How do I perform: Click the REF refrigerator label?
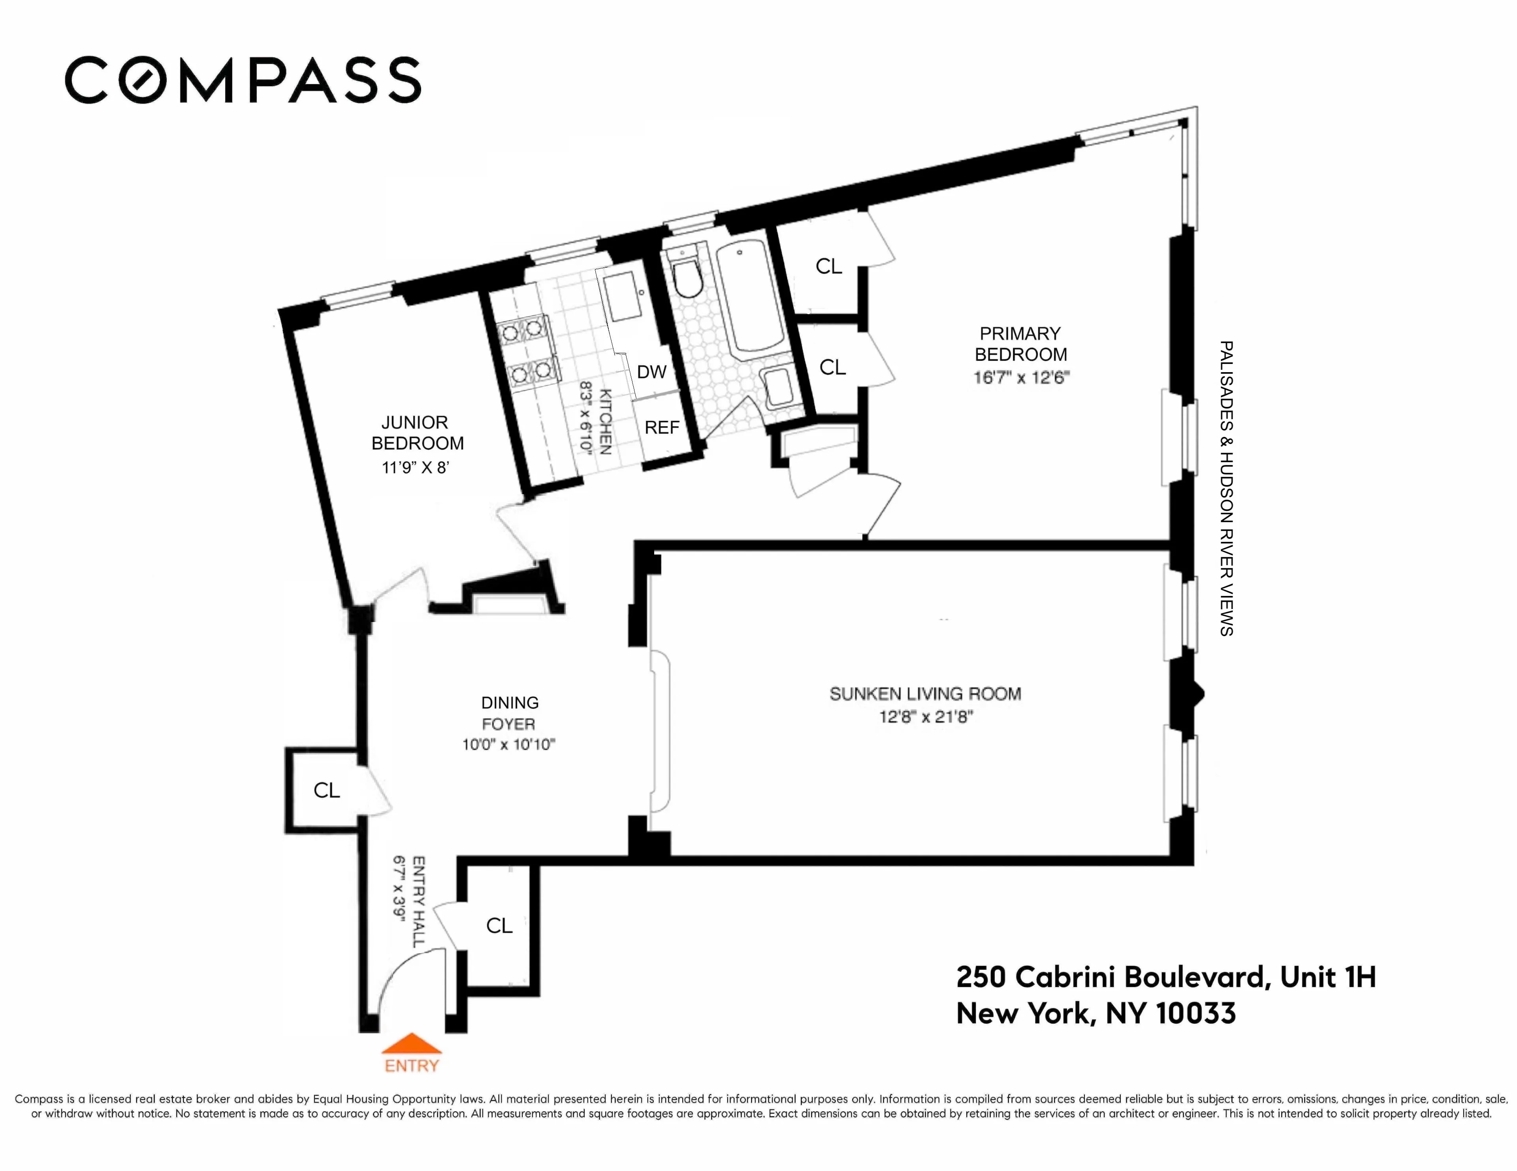(x=661, y=427)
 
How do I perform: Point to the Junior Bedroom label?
(x=417, y=433)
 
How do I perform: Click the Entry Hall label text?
(x=419, y=901)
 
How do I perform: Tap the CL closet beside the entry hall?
(x=499, y=925)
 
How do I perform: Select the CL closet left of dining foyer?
(x=326, y=790)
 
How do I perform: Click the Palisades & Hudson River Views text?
(x=1226, y=488)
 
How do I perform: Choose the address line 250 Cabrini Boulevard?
(x=1165, y=977)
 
